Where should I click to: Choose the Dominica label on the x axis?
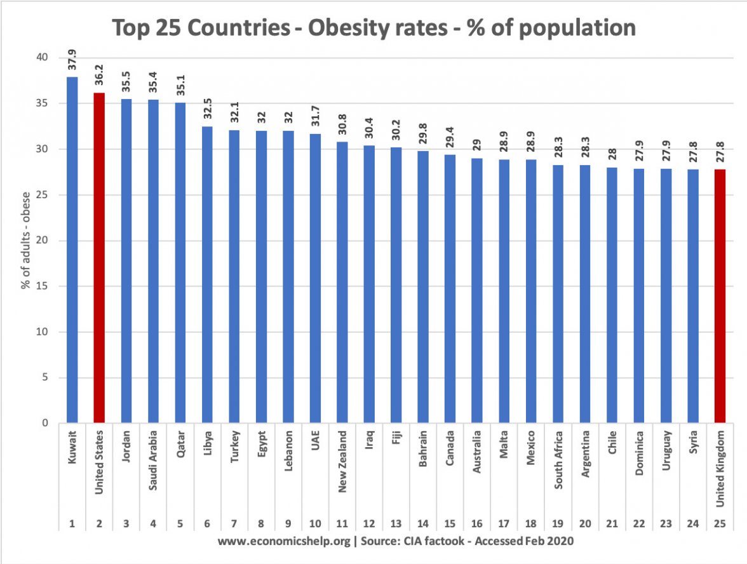639,452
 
